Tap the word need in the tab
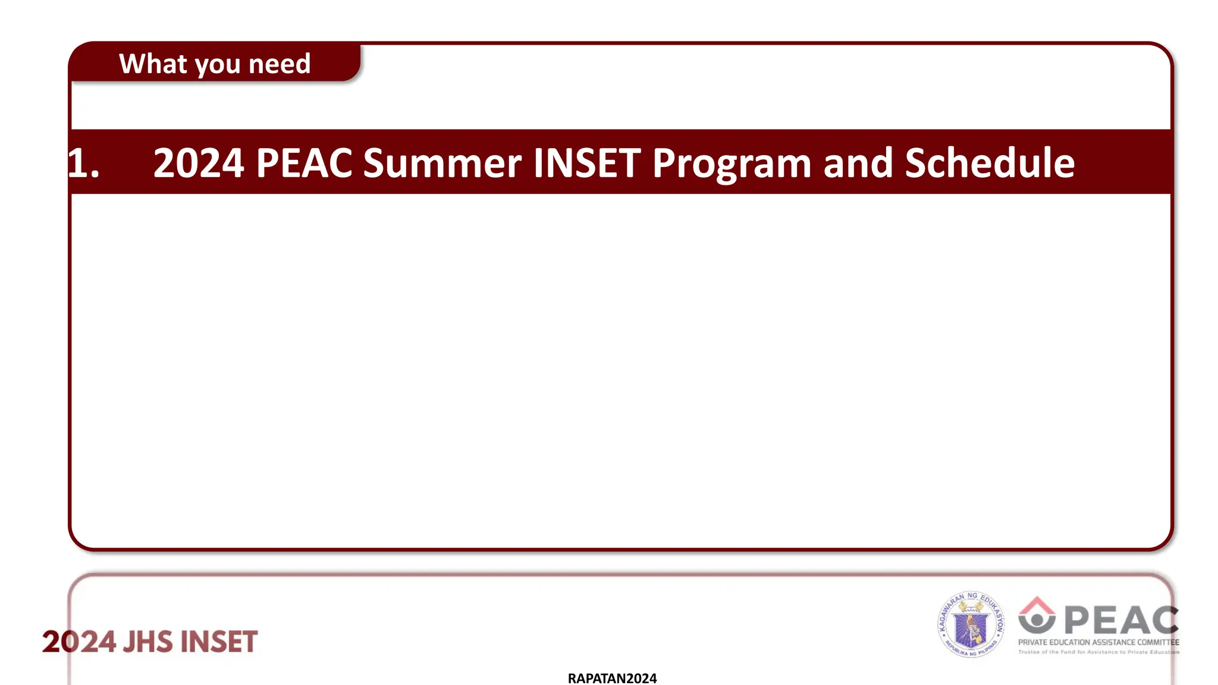pyautogui.click(x=280, y=64)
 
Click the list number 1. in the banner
pyautogui.click(x=83, y=163)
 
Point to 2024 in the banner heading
pyautogui.click(x=199, y=163)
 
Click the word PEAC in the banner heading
pyautogui.click(x=304, y=163)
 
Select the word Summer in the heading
pyautogui.click(x=442, y=163)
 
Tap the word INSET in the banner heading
pyautogui.click(x=587, y=163)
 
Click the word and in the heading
pyautogui.click(x=858, y=163)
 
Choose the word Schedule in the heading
pyautogui.click(x=990, y=163)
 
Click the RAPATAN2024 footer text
pyautogui.click(x=612, y=678)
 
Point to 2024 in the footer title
pyautogui.click(x=79, y=642)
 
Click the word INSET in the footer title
pyautogui.click(x=219, y=642)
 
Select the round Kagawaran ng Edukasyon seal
pyautogui.click(x=971, y=624)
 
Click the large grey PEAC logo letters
pyautogui.click(x=1121, y=621)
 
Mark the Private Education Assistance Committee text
pyautogui.click(x=1098, y=642)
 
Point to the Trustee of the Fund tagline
pyautogui.click(x=1098, y=652)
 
